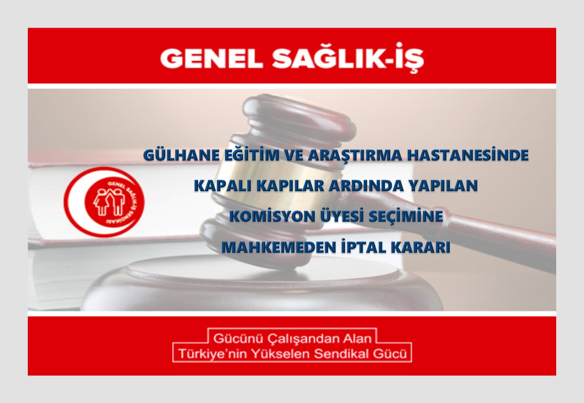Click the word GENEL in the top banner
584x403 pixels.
pyautogui.click(x=211, y=59)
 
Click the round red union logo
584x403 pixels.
pyautogui.click(x=104, y=202)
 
